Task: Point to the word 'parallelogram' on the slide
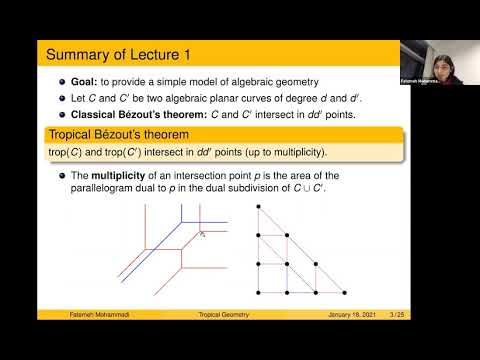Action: point(105,187)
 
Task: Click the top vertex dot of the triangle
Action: point(258,208)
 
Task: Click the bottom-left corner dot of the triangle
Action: point(258,292)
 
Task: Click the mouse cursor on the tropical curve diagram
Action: point(201,234)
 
